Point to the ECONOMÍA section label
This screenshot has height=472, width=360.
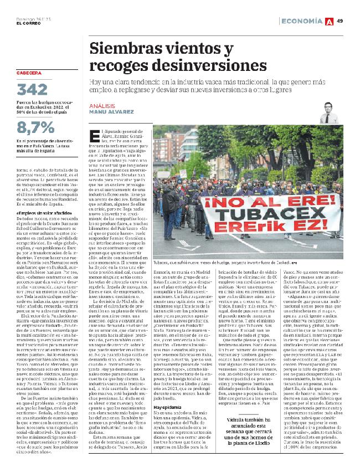pos(302,21)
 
